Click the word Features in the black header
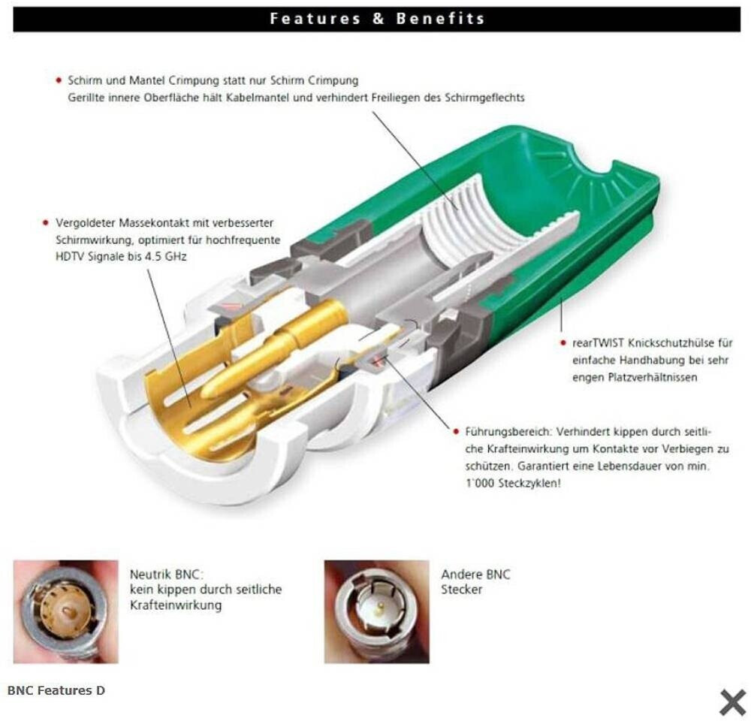pyautogui.click(x=315, y=19)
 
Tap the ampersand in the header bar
pyautogui.click(x=379, y=19)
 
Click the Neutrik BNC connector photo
pyautogui.click(x=65, y=612)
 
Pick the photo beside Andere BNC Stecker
pyautogui.click(x=376, y=612)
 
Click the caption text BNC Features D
pyautogui.click(x=56, y=690)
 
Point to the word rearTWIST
pyautogui.click(x=599, y=343)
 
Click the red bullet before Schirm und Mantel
pyautogui.click(x=59, y=80)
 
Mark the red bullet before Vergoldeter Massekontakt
pyautogui.click(x=46, y=223)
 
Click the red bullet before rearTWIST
pyautogui.click(x=563, y=343)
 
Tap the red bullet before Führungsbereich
pyautogui.click(x=456, y=432)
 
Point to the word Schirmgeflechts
pyautogui.click(x=484, y=98)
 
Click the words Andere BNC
pyautogui.click(x=475, y=575)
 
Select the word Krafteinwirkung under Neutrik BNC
pyautogui.click(x=176, y=605)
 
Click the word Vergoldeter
pyautogui.click(x=86, y=223)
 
